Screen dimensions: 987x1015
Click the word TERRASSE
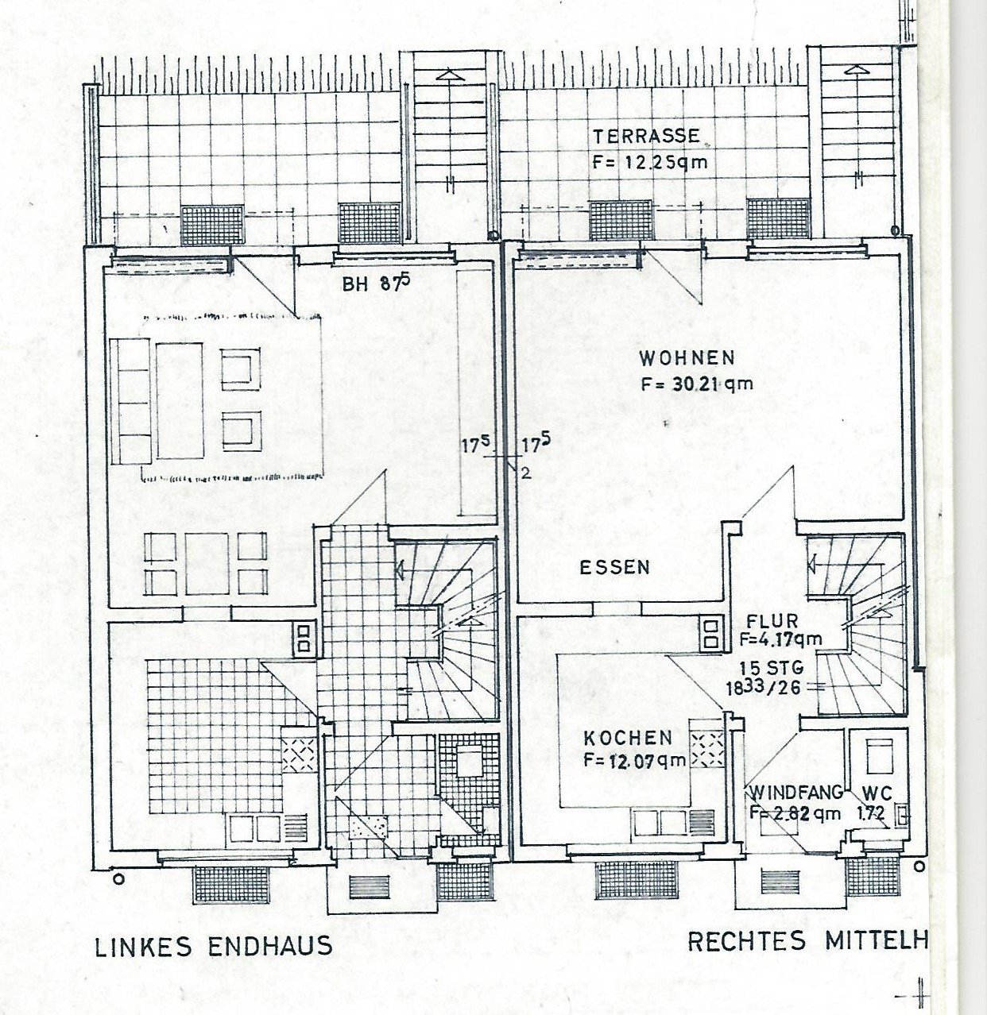click(646, 136)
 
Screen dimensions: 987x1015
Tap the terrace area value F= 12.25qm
click(650, 162)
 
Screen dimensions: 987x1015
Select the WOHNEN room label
click(687, 358)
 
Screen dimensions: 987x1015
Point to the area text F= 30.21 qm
click(697, 384)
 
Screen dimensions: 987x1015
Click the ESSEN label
click(615, 568)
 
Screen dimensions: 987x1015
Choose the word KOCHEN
click(628, 738)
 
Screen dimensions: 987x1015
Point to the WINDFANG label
click(796, 793)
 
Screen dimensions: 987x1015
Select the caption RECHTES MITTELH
click(807, 942)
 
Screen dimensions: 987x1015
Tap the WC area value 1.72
click(869, 812)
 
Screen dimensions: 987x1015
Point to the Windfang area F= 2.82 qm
click(795, 812)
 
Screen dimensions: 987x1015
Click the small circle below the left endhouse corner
click(119, 879)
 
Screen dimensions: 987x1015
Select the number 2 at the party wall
click(525, 473)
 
